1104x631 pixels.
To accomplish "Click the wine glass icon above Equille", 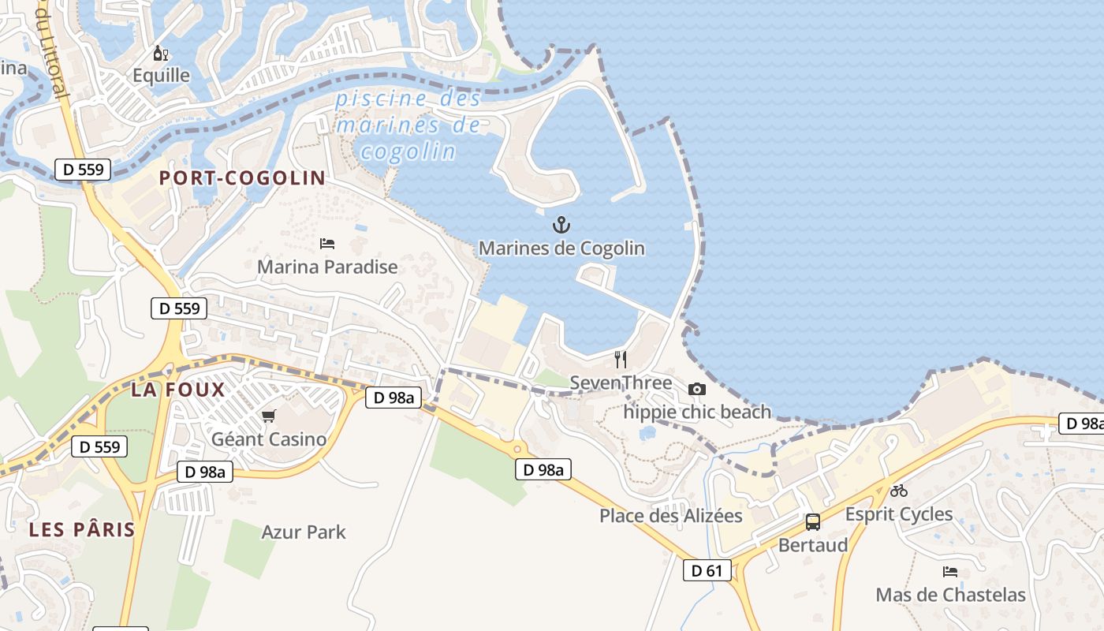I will pyautogui.click(x=160, y=54).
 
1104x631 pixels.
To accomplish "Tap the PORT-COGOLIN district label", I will pyautogui.click(x=242, y=177).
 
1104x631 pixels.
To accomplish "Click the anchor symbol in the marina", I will pyautogui.click(x=561, y=226).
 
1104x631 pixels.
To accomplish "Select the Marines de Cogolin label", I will pyautogui.click(x=561, y=248).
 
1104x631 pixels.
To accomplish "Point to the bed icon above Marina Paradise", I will pyautogui.click(x=327, y=244).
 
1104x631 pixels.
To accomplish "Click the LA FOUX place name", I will pyautogui.click(x=178, y=389).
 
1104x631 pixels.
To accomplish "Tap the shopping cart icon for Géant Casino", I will pyautogui.click(x=269, y=416).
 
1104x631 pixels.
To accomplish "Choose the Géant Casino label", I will pyautogui.click(x=269, y=439).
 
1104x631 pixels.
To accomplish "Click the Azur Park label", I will pyautogui.click(x=304, y=532).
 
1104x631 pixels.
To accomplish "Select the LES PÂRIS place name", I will pyautogui.click(x=82, y=529).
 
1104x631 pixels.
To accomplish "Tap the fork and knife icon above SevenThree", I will pyautogui.click(x=621, y=360).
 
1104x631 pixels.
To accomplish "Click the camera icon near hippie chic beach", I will pyautogui.click(x=697, y=389).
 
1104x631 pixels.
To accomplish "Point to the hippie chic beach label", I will pyautogui.click(x=697, y=412).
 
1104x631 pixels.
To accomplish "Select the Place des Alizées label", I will pyautogui.click(x=671, y=516).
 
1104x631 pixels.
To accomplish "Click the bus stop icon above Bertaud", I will pyautogui.click(x=813, y=522).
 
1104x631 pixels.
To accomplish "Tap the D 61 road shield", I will pyautogui.click(x=707, y=570).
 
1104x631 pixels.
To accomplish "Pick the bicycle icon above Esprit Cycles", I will pyautogui.click(x=899, y=491).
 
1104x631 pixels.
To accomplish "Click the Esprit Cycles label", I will pyautogui.click(x=899, y=514).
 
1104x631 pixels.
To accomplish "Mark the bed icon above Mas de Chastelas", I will pyautogui.click(x=950, y=572).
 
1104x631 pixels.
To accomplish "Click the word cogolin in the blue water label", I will pyautogui.click(x=408, y=151).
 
